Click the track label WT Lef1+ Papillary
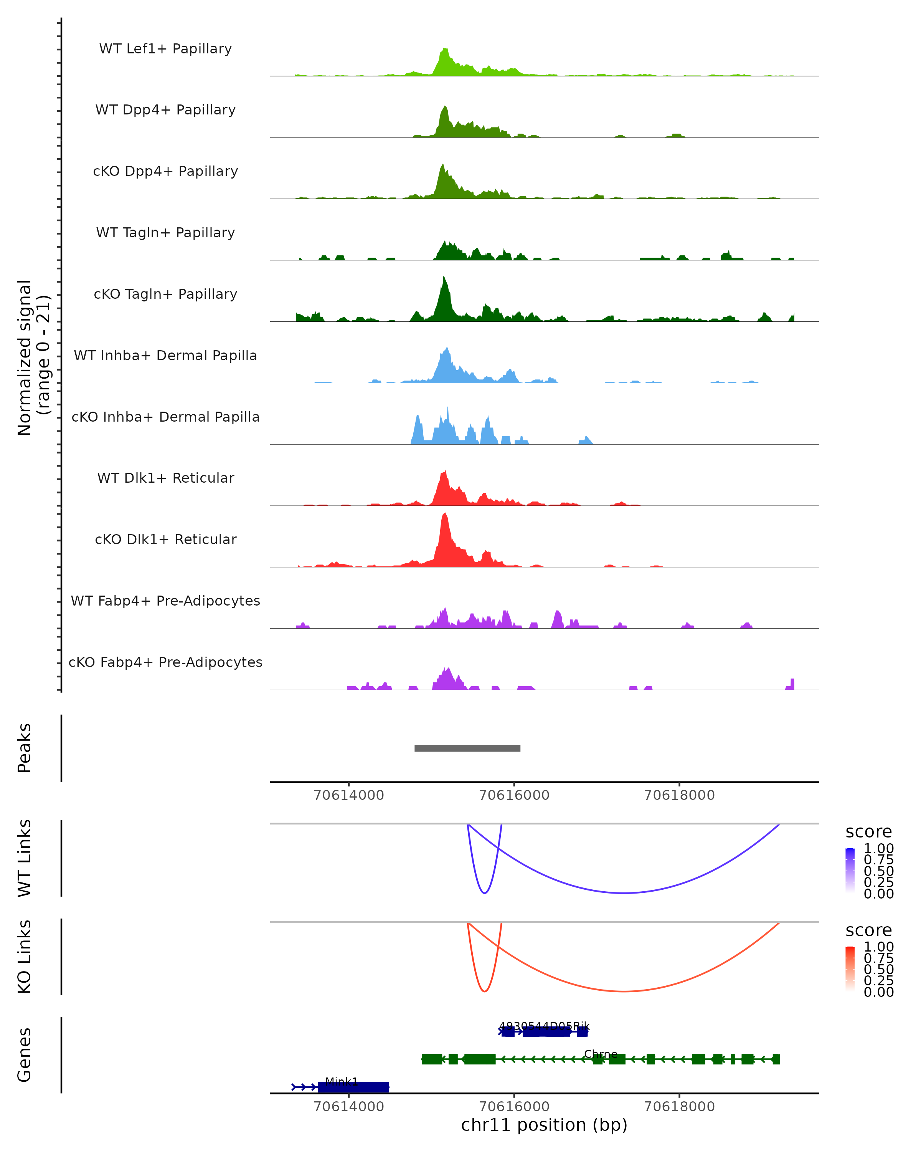[x=165, y=49]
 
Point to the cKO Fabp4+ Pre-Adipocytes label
[x=165, y=662]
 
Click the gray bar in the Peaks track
[x=467, y=748]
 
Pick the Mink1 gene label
[x=341, y=1081]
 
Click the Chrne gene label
[x=601, y=1054]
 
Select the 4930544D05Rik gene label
[x=544, y=1026]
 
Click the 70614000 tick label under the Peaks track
[x=349, y=795]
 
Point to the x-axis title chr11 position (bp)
[x=544, y=1125]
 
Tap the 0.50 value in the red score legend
[x=878, y=969]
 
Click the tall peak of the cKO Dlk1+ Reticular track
[x=445, y=515]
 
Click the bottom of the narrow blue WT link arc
[x=484, y=893]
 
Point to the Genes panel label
[x=25, y=1055]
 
